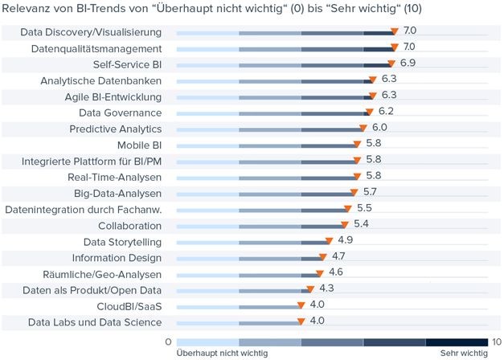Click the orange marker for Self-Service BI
[x=391, y=63]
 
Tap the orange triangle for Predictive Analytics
[x=363, y=128]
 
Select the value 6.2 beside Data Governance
[x=386, y=111]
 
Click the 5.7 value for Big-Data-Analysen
[x=370, y=192]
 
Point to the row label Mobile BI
[x=140, y=145]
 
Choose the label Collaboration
[x=130, y=226]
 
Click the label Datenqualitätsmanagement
[x=96, y=49]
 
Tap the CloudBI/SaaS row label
[x=129, y=307]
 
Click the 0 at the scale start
[x=169, y=342]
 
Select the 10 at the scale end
[x=497, y=342]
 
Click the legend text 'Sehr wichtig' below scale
[x=464, y=354]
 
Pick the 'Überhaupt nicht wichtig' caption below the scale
[x=222, y=354]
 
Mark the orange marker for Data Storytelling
[x=329, y=241]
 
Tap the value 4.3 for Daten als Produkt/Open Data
[x=326, y=288]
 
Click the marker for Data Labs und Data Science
[x=301, y=321]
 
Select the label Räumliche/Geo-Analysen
[x=102, y=275]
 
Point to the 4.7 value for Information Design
[x=338, y=256]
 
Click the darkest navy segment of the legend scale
[x=457, y=342]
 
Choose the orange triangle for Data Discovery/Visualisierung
[x=395, y=31]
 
